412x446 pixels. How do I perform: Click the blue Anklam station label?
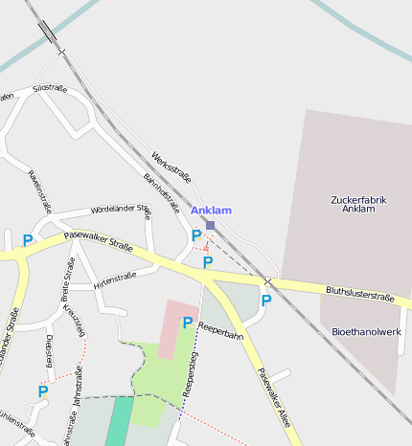211,211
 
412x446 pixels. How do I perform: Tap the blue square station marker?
211,225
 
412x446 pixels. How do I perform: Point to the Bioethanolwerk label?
365,331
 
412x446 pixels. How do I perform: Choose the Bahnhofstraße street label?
162,191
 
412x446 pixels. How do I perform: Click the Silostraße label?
50,88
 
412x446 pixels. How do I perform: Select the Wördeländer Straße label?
121,209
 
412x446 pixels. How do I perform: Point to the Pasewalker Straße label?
99,240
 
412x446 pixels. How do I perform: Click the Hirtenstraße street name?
116,280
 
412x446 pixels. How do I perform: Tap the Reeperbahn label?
220,332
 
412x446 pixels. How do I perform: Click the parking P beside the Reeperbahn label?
188,323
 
